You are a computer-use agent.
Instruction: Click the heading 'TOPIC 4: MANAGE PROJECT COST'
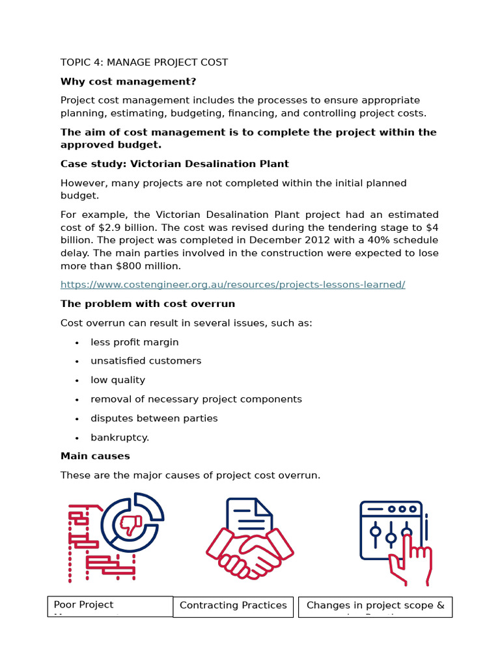144,62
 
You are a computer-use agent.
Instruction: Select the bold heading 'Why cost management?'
128,81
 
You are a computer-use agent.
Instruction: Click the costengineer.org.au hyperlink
232,285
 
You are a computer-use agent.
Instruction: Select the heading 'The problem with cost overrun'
148,304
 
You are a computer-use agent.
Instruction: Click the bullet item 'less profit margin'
134,342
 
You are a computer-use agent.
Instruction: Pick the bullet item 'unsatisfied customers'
146,361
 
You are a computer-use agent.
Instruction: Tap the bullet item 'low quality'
118,380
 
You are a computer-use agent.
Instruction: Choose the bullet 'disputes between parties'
154,418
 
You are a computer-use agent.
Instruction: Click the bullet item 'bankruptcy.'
120,437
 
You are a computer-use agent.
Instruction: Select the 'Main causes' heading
95,456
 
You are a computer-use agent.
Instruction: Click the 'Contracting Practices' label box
233,606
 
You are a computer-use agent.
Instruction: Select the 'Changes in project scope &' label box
375,606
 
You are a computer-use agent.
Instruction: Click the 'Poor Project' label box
110,606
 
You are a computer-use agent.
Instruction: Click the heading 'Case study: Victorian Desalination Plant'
174,164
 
